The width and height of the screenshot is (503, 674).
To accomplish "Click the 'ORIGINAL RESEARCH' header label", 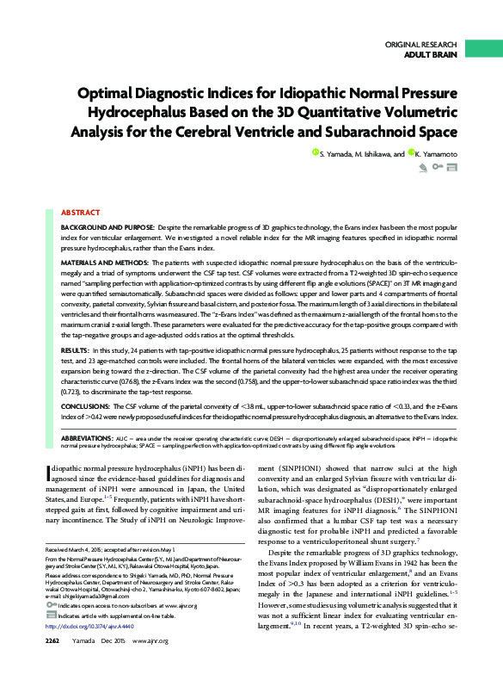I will point(423,43).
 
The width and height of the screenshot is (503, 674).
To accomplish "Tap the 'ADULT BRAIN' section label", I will point(432,54).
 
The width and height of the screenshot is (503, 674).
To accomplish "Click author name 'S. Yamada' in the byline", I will point(339,154).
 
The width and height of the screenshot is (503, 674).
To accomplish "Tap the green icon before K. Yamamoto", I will point(413,152).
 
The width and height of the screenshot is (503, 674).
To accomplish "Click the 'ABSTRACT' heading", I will point(80,212).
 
